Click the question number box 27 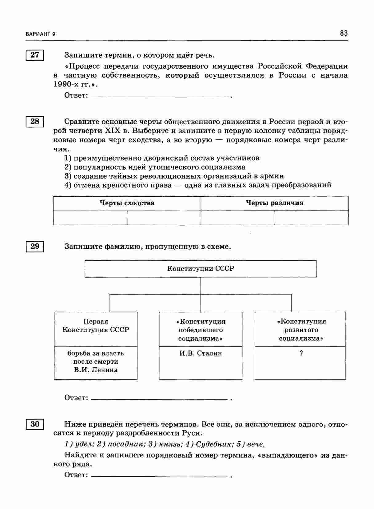click(35, 55)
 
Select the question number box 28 click(35, 122)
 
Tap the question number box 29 click(35, 246)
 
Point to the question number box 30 click(35, 424)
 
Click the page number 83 click(344, 33)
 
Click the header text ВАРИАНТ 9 click(41, 34)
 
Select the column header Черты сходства click(127, 203)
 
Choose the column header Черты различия click(274, 203)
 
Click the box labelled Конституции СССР click(201, 269)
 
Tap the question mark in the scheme click(301, 353)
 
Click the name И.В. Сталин click(201, 353)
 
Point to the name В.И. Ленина click(96, 370)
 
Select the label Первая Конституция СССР click(96, 326)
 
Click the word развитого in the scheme click(301, 330)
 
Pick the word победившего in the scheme click(201, 330)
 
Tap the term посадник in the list click(121, 444)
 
